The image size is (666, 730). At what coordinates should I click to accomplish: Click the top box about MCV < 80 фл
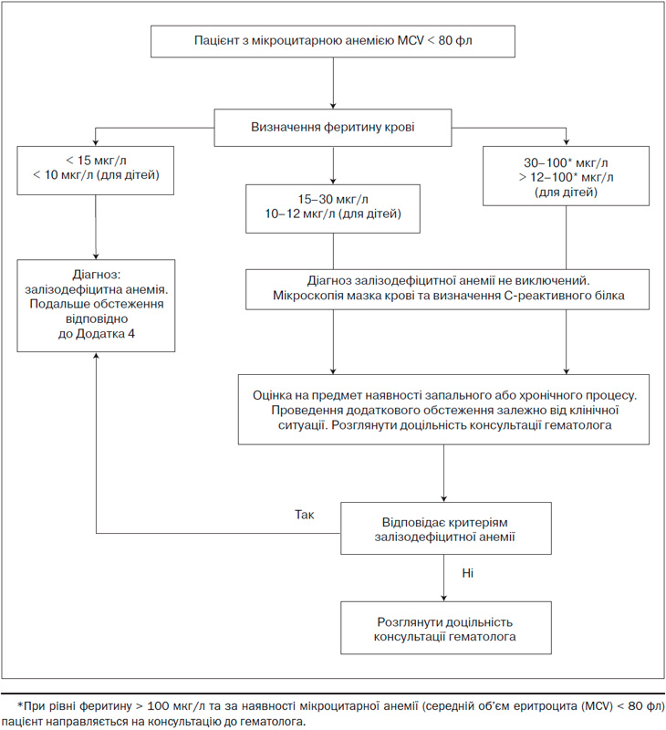pos(333,41)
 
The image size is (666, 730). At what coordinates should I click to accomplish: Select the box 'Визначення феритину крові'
pos(333,128)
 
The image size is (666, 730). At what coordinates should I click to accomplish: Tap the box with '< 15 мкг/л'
pos(96,171)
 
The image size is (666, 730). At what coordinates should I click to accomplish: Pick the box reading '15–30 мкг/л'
pos(333,209)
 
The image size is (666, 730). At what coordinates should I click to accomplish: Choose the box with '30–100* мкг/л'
pos(566,176)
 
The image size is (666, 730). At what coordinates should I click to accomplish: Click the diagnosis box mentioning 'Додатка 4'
pos(96,306)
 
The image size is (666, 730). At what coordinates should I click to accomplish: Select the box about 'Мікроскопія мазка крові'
pos(447,289)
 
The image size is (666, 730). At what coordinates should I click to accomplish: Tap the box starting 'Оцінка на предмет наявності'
pos(443,409)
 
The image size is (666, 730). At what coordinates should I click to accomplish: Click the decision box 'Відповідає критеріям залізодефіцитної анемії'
pos(446,528)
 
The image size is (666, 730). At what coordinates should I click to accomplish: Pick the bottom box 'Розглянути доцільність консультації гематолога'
pos(446,628)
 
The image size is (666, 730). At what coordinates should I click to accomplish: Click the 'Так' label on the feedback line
pos(305,515)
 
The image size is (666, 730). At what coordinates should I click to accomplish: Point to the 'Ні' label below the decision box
pos(467,573)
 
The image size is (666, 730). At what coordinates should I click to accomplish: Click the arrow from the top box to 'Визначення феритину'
pos(333,83)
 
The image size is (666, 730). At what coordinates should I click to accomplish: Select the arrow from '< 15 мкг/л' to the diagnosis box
pos(96,227)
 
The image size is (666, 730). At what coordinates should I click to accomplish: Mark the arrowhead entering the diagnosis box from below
pos(96,356)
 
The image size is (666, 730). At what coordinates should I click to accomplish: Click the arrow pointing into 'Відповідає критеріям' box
pos(443,473)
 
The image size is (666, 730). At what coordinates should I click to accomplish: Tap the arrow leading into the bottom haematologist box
pos(443,578)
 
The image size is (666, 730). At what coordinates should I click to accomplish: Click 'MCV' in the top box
pos(411,40)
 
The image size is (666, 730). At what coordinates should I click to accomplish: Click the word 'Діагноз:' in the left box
pos(97,275)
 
